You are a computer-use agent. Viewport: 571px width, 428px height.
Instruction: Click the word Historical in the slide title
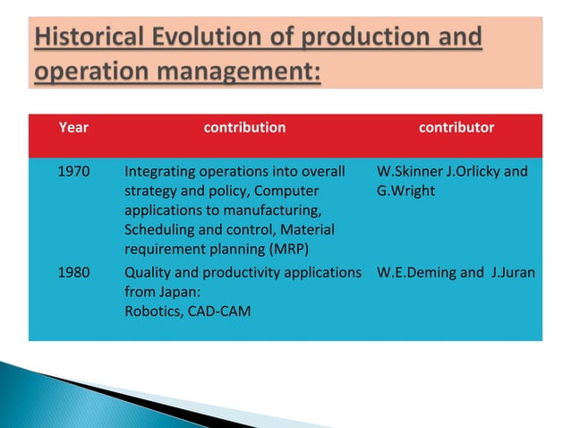(x=93, y=39)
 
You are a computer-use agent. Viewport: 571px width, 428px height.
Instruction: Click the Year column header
(x=72, y=127)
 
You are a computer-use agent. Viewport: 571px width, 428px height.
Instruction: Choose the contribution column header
(x=244, y=127)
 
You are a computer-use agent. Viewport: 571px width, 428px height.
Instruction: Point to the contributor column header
(x=456, y=127)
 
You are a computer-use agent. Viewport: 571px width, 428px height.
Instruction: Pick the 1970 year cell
(x=72, y=171)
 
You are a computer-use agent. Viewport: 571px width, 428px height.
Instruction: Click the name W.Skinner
(x=406, y=171)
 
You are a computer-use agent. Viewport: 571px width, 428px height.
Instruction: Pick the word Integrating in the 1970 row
(x=159, y=171)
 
